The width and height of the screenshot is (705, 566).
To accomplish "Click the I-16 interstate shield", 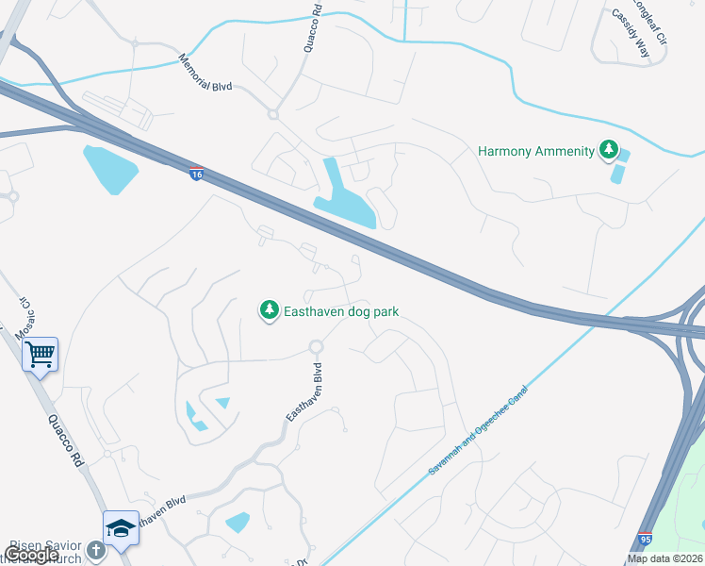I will (196, 175).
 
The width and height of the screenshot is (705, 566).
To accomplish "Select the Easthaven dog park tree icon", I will (270, 310).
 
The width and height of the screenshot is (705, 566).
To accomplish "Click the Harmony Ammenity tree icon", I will (609, 151).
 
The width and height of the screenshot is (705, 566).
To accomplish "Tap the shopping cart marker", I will (41, 355).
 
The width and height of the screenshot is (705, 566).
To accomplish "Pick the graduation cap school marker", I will (121, 528).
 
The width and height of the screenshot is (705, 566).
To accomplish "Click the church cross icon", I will (95, 549).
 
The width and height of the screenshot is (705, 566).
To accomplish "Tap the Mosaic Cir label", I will (22, 318).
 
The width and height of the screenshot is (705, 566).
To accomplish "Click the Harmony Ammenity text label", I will (536, 151).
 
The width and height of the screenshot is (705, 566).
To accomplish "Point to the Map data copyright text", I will (664, 558).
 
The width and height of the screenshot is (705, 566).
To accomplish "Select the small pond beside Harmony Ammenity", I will (619, 168).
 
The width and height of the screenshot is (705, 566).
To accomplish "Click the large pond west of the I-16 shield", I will (110, 169).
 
